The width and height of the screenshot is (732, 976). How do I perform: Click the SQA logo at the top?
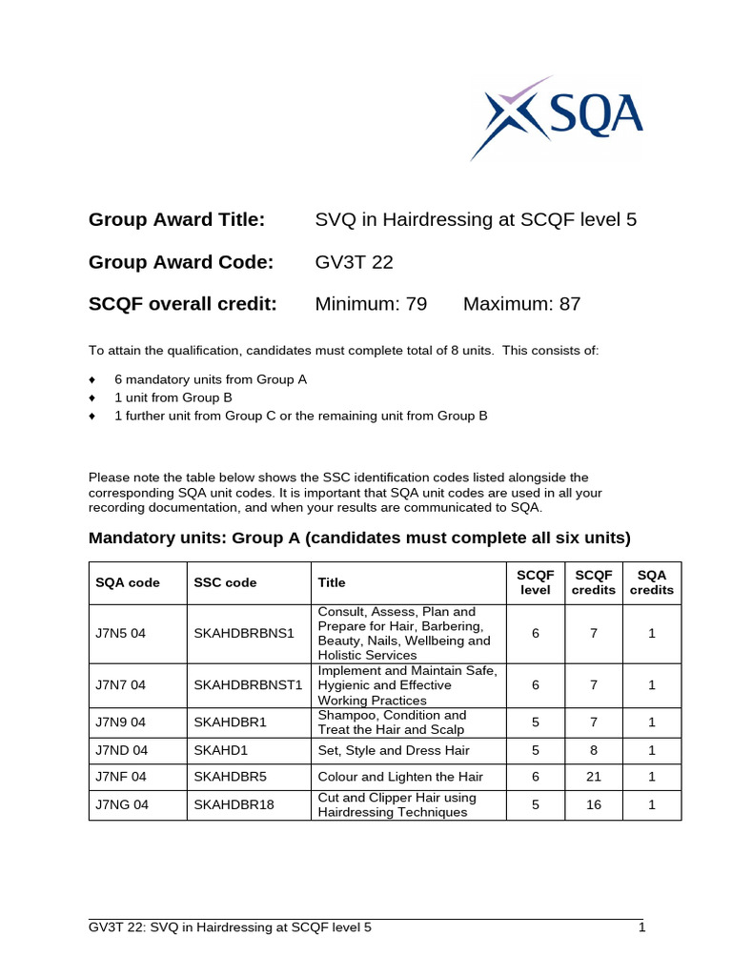(556, 117)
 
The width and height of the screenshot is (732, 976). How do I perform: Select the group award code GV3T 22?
(355, 262)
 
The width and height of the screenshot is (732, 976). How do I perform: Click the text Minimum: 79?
(371, 304)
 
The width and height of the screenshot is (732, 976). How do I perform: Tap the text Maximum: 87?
(521, 304)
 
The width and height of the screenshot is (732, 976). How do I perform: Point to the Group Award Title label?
(176, 220)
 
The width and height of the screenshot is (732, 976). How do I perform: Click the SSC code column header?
(225, 582)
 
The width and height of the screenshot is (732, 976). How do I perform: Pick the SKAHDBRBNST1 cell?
(248, 684)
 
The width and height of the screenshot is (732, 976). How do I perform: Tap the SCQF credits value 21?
(594, 777)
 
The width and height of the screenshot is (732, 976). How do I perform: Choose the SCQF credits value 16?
(594, 804)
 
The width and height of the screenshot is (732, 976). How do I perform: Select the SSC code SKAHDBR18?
(234, 804)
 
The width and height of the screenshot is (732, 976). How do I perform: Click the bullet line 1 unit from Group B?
(173, 397)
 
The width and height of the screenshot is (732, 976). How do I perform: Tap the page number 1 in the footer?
(642, 926)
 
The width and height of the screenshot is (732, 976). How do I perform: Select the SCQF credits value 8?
(594, 750)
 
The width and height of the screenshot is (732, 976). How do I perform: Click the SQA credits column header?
(652, 582)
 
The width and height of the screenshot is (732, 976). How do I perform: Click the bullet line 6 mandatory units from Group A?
(211, 379)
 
